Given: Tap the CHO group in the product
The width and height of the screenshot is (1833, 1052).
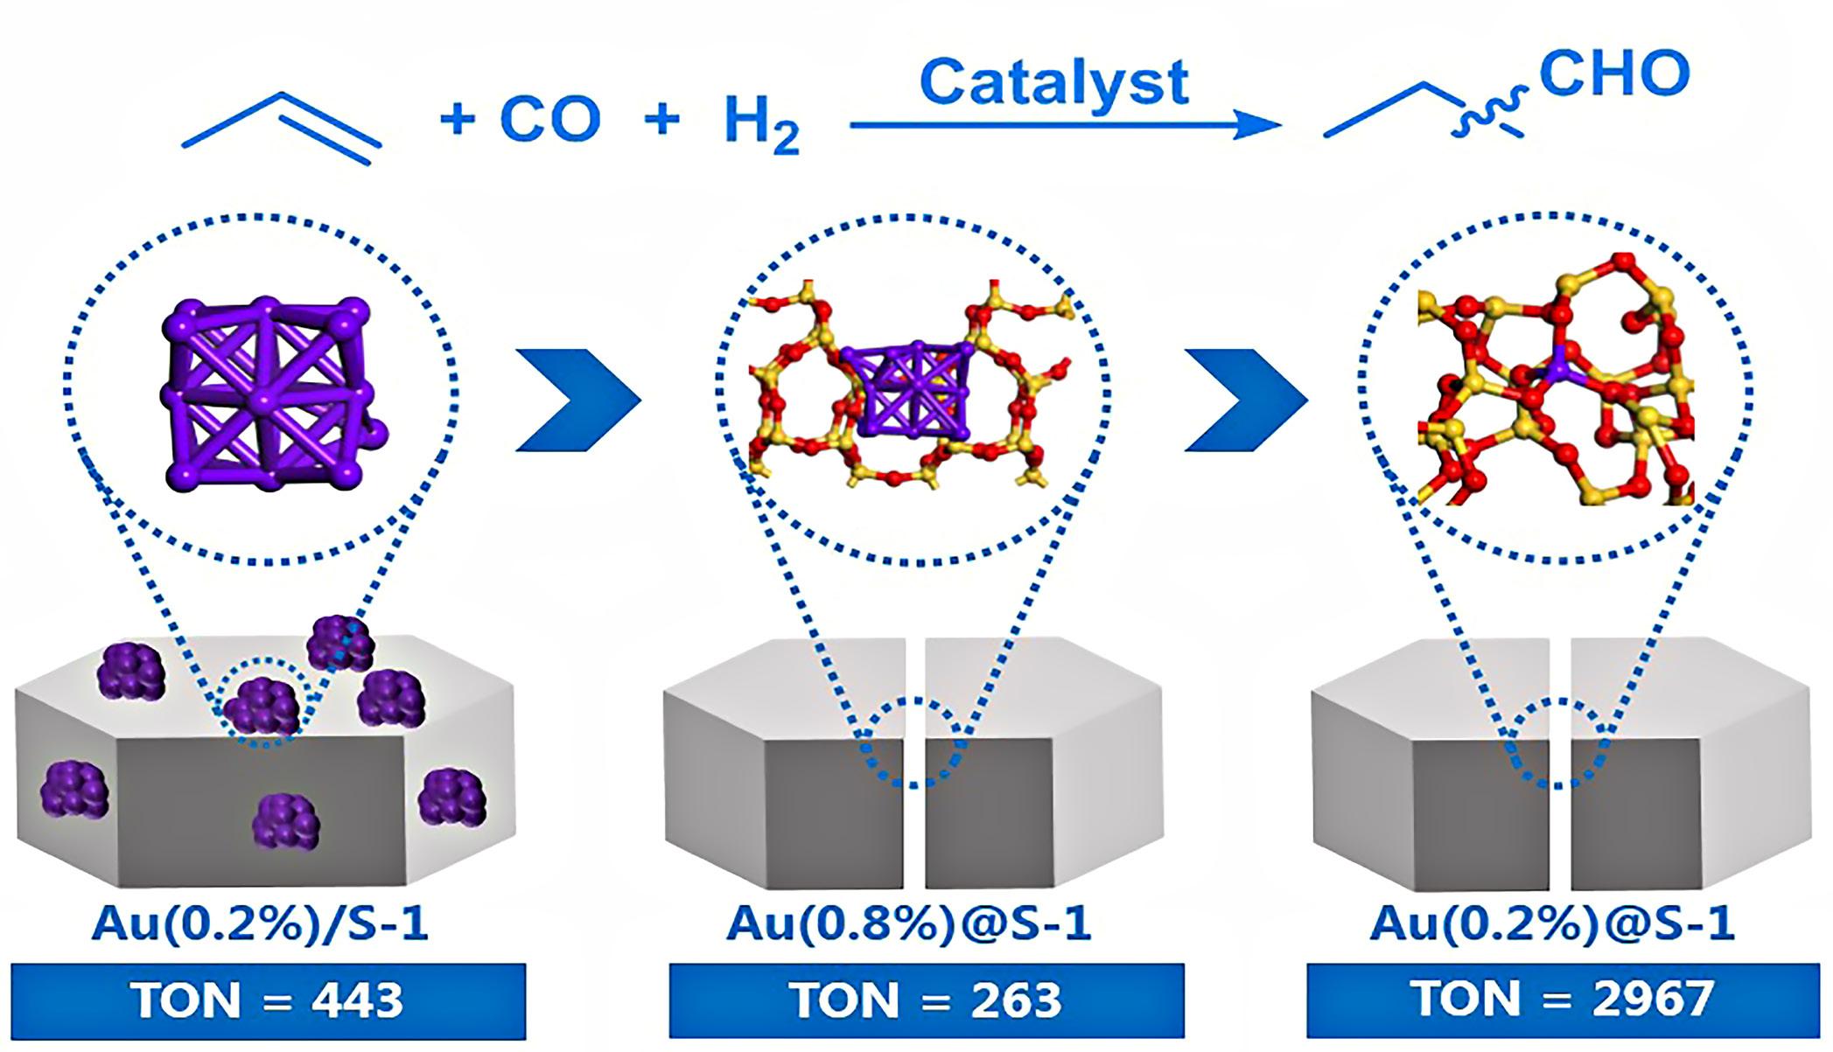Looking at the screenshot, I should pos(1613,73).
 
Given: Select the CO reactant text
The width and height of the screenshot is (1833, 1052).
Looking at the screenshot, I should pos(550,119).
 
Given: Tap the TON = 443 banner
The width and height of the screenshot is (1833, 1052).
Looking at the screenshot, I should pos(268,1000).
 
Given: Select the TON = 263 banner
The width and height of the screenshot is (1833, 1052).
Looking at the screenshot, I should pos(927,1000).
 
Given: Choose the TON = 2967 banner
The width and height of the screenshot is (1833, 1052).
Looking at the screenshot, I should pos(1563,1000).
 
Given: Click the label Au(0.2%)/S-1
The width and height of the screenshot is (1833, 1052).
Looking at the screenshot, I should pos(260,925).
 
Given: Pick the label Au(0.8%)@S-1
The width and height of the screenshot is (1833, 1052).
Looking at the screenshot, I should pos(909,925).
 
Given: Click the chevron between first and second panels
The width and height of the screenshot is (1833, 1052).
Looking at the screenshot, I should pos(577,400).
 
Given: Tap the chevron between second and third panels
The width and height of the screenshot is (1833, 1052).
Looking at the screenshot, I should pos(1246,400).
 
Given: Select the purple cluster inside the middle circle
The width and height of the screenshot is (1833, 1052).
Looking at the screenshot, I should pos(910,389).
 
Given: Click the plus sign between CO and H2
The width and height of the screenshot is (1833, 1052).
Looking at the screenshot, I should pos(662,119).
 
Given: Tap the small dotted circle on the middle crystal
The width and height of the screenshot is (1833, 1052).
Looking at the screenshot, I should pos(915,743).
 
